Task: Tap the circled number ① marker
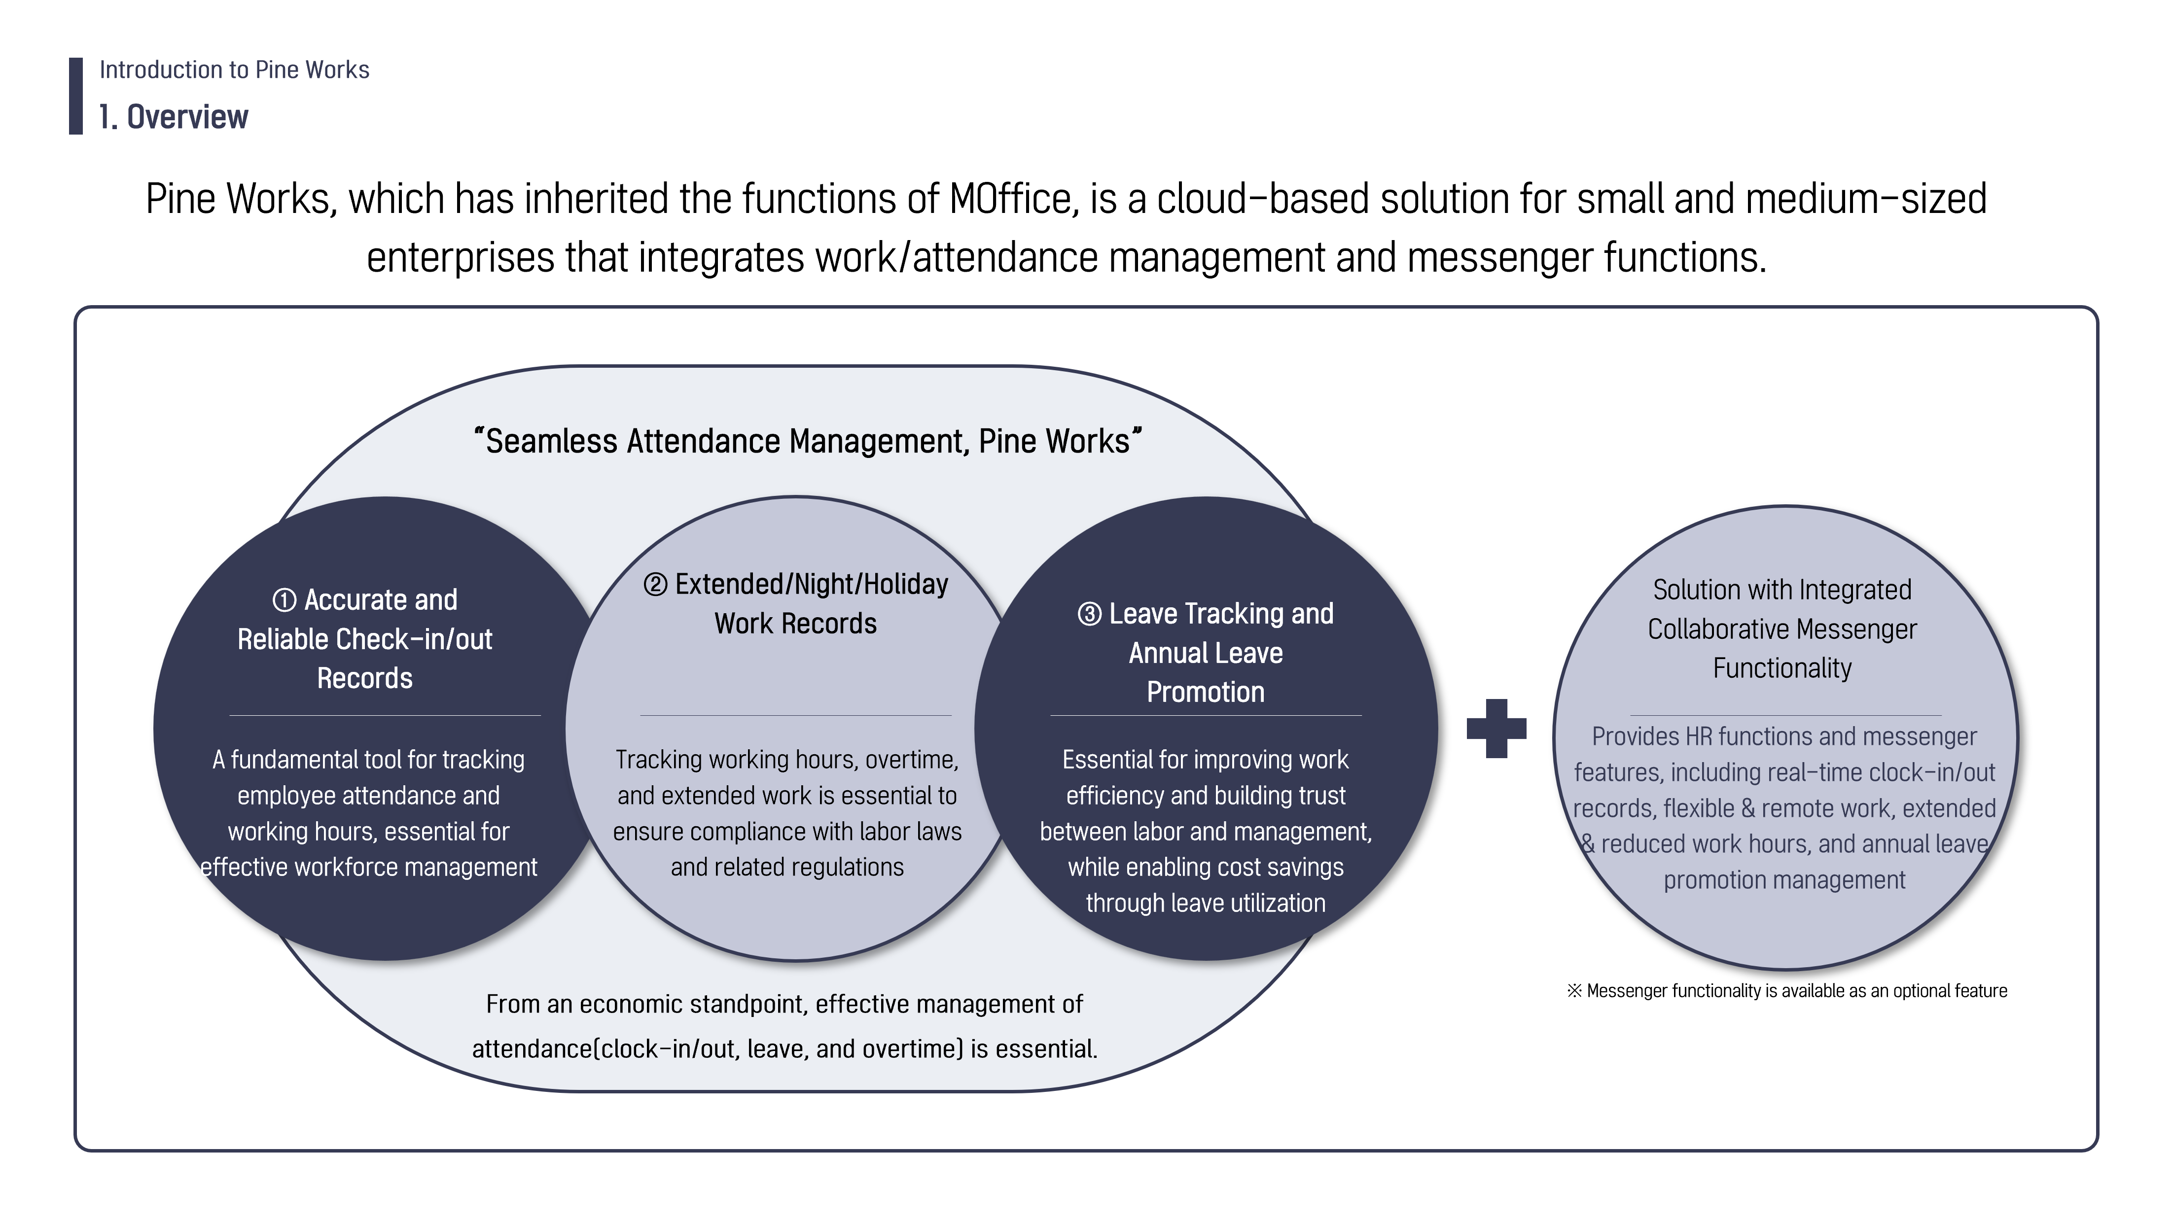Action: coord(285,600)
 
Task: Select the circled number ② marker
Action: coord(655,585)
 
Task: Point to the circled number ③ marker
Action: coord(1089,614)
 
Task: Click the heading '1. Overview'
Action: coord(173,117)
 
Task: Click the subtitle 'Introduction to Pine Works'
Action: coord(235,70)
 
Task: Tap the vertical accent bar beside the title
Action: coord(76,96)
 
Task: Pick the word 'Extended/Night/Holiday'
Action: coord(812,585)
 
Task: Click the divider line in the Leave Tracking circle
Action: coord(1206,715)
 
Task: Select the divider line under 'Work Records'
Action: coord(795,715)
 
